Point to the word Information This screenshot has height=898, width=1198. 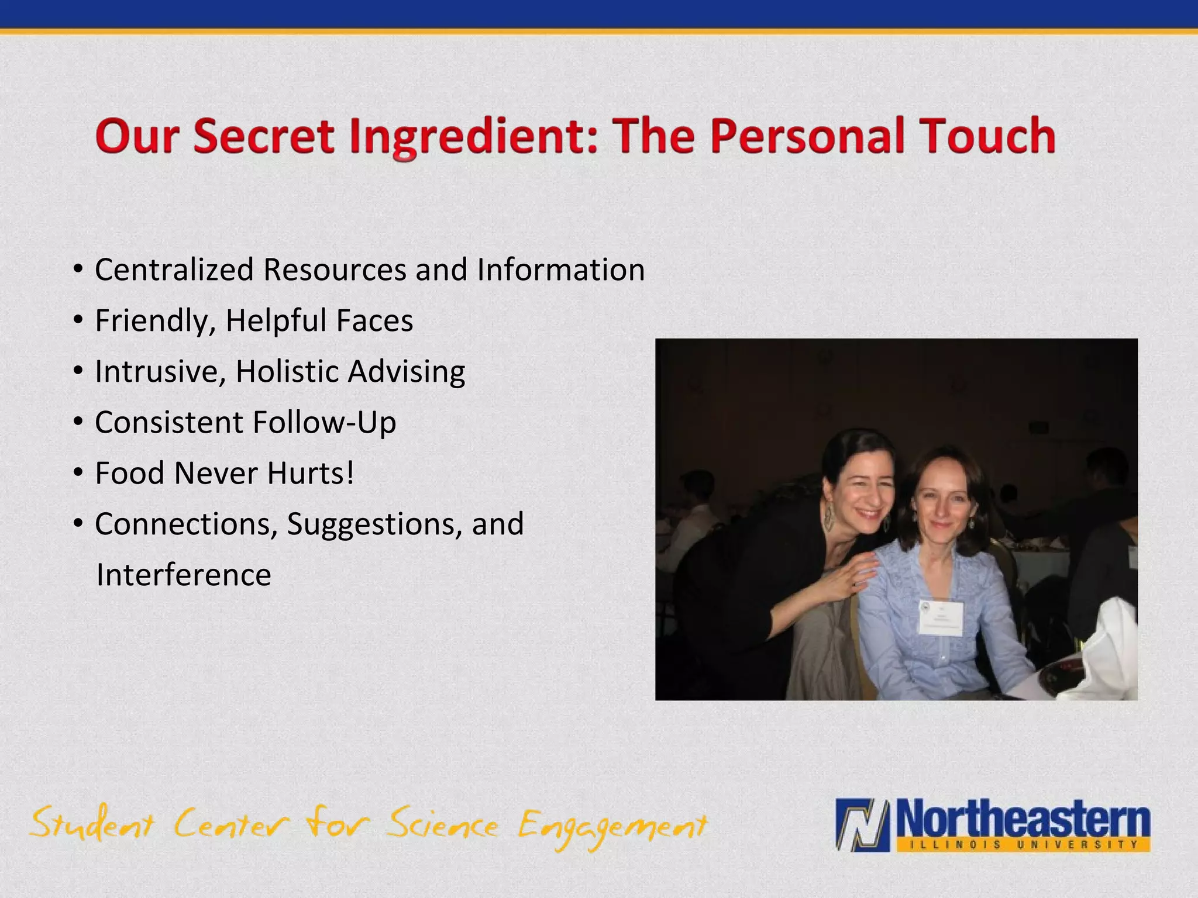coord(560,270)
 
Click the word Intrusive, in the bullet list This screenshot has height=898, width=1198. coord(160,372)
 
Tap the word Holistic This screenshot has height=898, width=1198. coord(287,371)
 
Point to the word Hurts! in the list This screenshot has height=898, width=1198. coord(311,473)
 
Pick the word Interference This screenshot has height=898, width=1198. coord(184,575)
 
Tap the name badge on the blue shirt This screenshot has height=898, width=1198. coord(941,617)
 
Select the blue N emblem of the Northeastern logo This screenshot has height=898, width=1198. coord(863,824)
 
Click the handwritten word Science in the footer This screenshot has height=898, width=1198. coord(443,824)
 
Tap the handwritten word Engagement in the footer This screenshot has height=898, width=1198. coord(612,827)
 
